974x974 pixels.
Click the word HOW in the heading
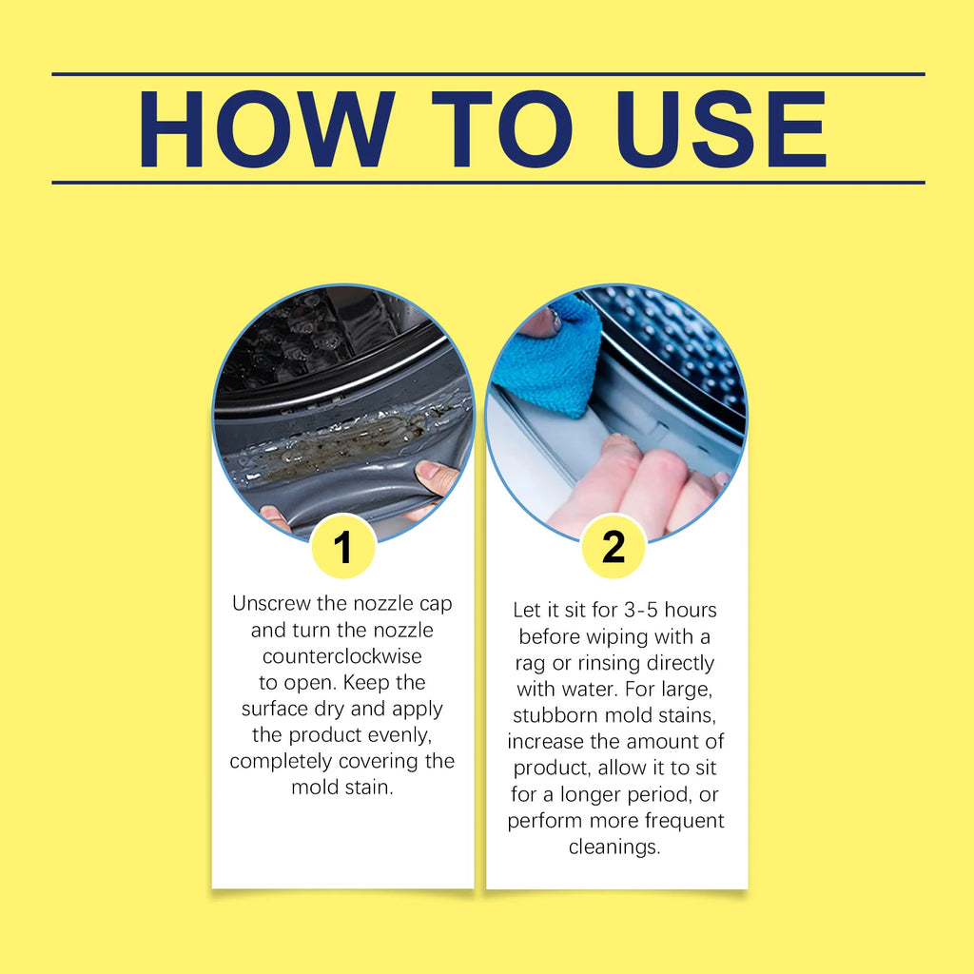point(267,129)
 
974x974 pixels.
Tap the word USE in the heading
point(721,129)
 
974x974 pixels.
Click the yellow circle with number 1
point(342,547)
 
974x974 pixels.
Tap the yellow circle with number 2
point(614,547)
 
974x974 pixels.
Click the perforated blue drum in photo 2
point(677,348)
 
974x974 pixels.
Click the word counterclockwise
point(342,656)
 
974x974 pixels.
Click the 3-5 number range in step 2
point(641,611)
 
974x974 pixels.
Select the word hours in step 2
point(691,610)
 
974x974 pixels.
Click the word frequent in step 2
point(685,821)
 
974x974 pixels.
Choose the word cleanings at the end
point(614,847)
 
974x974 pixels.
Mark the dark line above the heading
point(488,74)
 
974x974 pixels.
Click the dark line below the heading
point(488,183)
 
